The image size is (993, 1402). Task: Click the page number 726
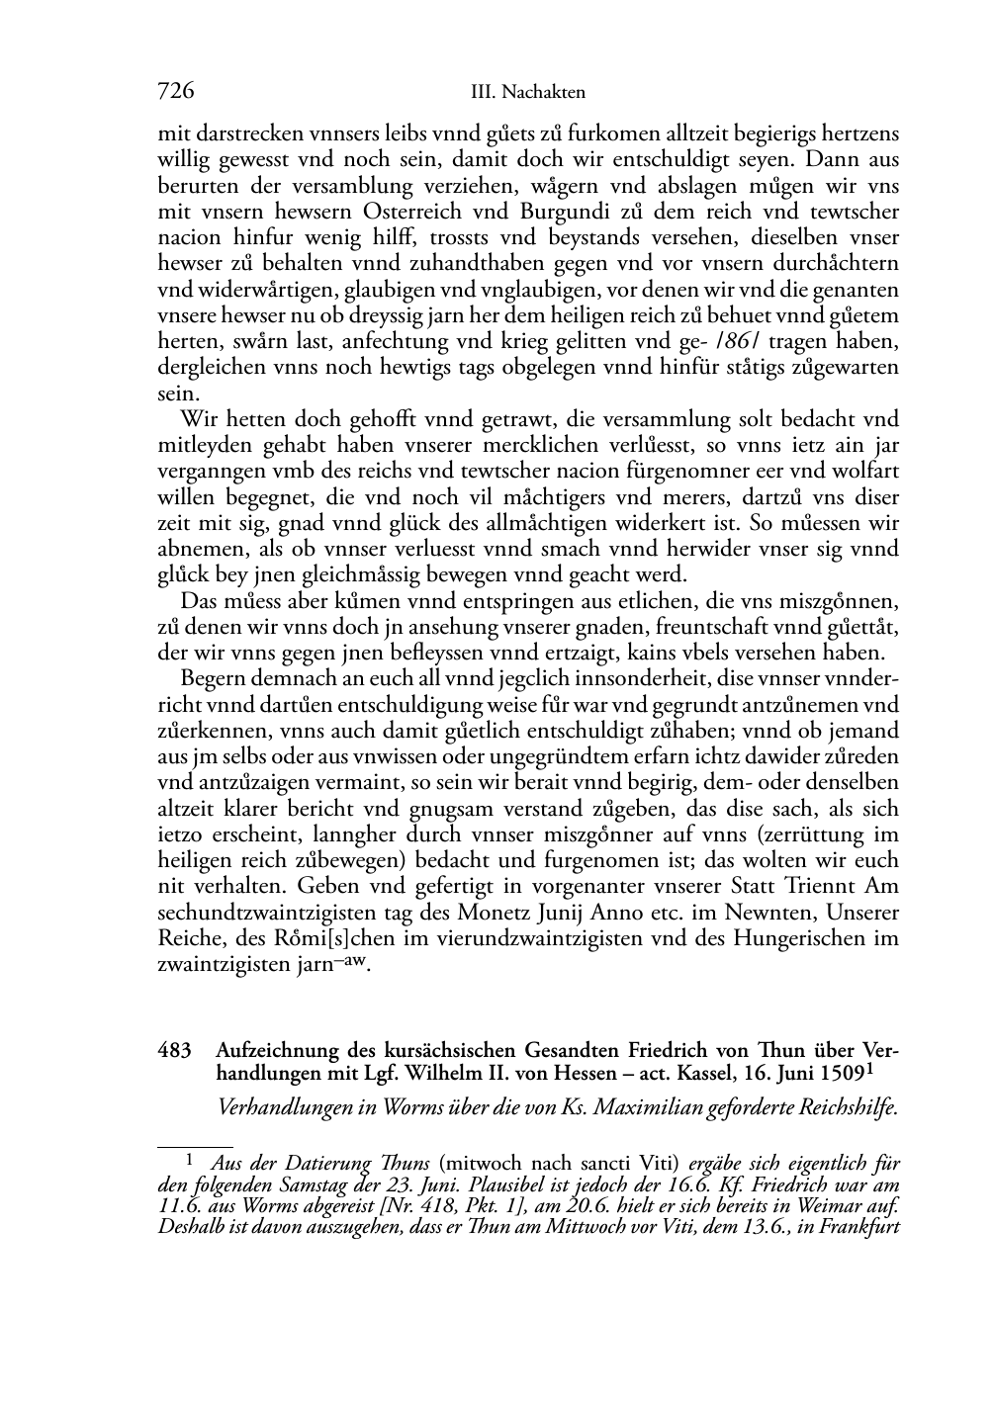(175, 92)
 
